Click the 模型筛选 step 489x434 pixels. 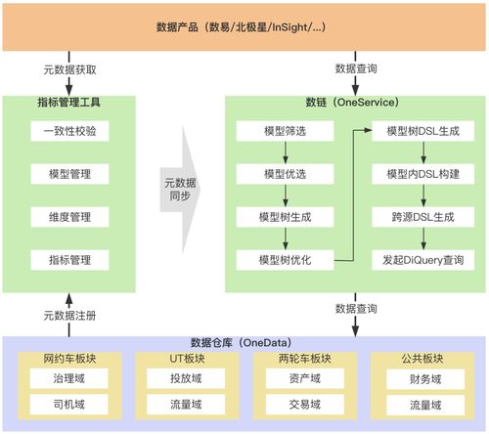[283, 130]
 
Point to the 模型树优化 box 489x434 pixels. [283, 260]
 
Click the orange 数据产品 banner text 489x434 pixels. [244, 25]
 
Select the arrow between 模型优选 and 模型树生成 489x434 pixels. [283, 195]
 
